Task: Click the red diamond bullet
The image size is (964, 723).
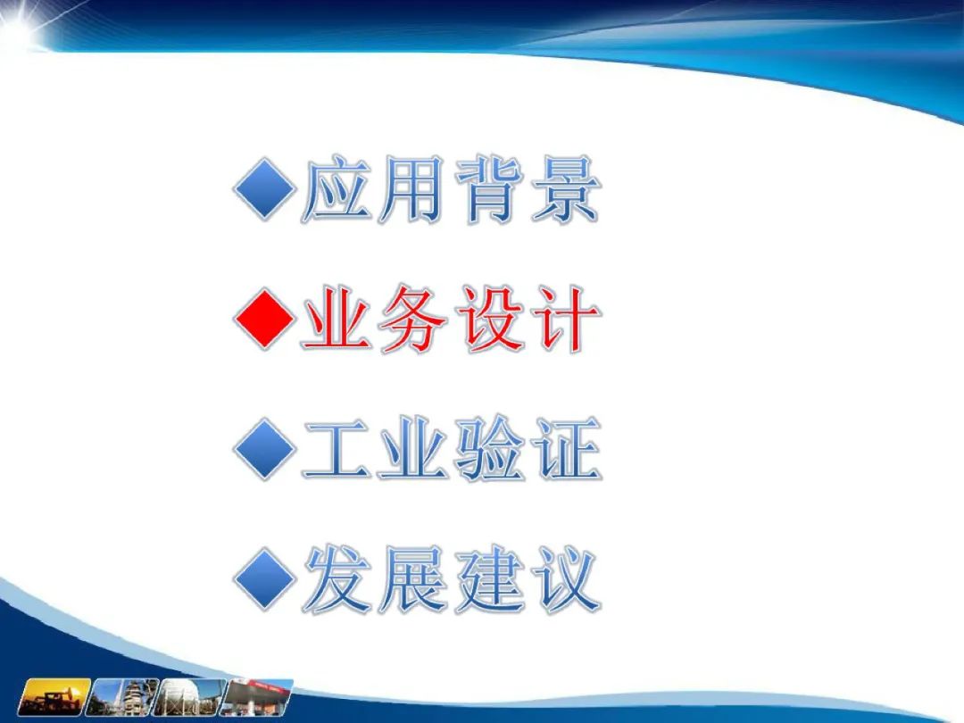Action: click(x=263, y=319)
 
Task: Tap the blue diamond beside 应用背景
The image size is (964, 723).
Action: click(x=263, y=189)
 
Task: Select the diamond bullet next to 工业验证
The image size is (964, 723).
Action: click(x=263, y=449)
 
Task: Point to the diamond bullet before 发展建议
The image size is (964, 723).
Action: click(x=263, y=579)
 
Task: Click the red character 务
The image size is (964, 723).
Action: click(x=411, y=319)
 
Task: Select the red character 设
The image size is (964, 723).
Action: click(x=490, y=319)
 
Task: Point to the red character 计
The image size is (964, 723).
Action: click(x=566, y=319)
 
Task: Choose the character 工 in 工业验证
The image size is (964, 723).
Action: click(x=337, y=449)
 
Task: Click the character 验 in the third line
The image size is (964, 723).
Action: click(x=490, y=449)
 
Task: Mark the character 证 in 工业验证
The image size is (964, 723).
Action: click(x=567, y=449)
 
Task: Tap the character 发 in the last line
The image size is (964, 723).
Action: click(x=337, y=579)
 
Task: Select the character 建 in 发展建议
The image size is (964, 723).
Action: click(x=490, y=579)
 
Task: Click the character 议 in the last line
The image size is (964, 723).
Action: click(x=567, y=579)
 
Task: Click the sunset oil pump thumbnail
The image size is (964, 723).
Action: click(x=54, y=697)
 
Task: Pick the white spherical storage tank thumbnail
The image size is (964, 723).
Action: click(x=188, y=697)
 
